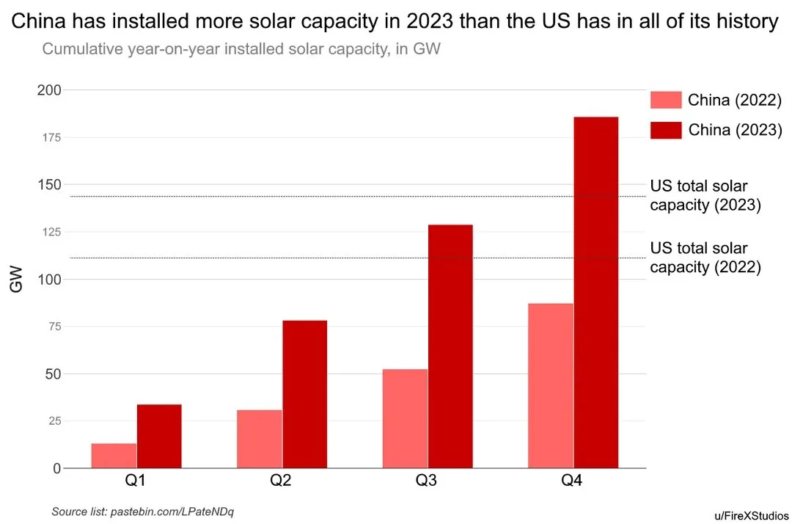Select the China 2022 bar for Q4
(x=551, y=385)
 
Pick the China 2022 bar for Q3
(x=405, y=418)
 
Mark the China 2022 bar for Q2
(x=260, y=439)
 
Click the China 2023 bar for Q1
(x=159, y=436)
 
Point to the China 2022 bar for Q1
(x=114, y=456)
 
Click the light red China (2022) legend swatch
(x=666, y=100)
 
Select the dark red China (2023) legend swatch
(x=666, y=130)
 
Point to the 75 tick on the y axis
(x=53, y=327)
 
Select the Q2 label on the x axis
(x=281, y=482)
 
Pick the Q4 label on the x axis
(x=572, y=482)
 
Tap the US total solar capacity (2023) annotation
(x=704, y=196)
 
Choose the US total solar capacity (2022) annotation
(x=704, y=258)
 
